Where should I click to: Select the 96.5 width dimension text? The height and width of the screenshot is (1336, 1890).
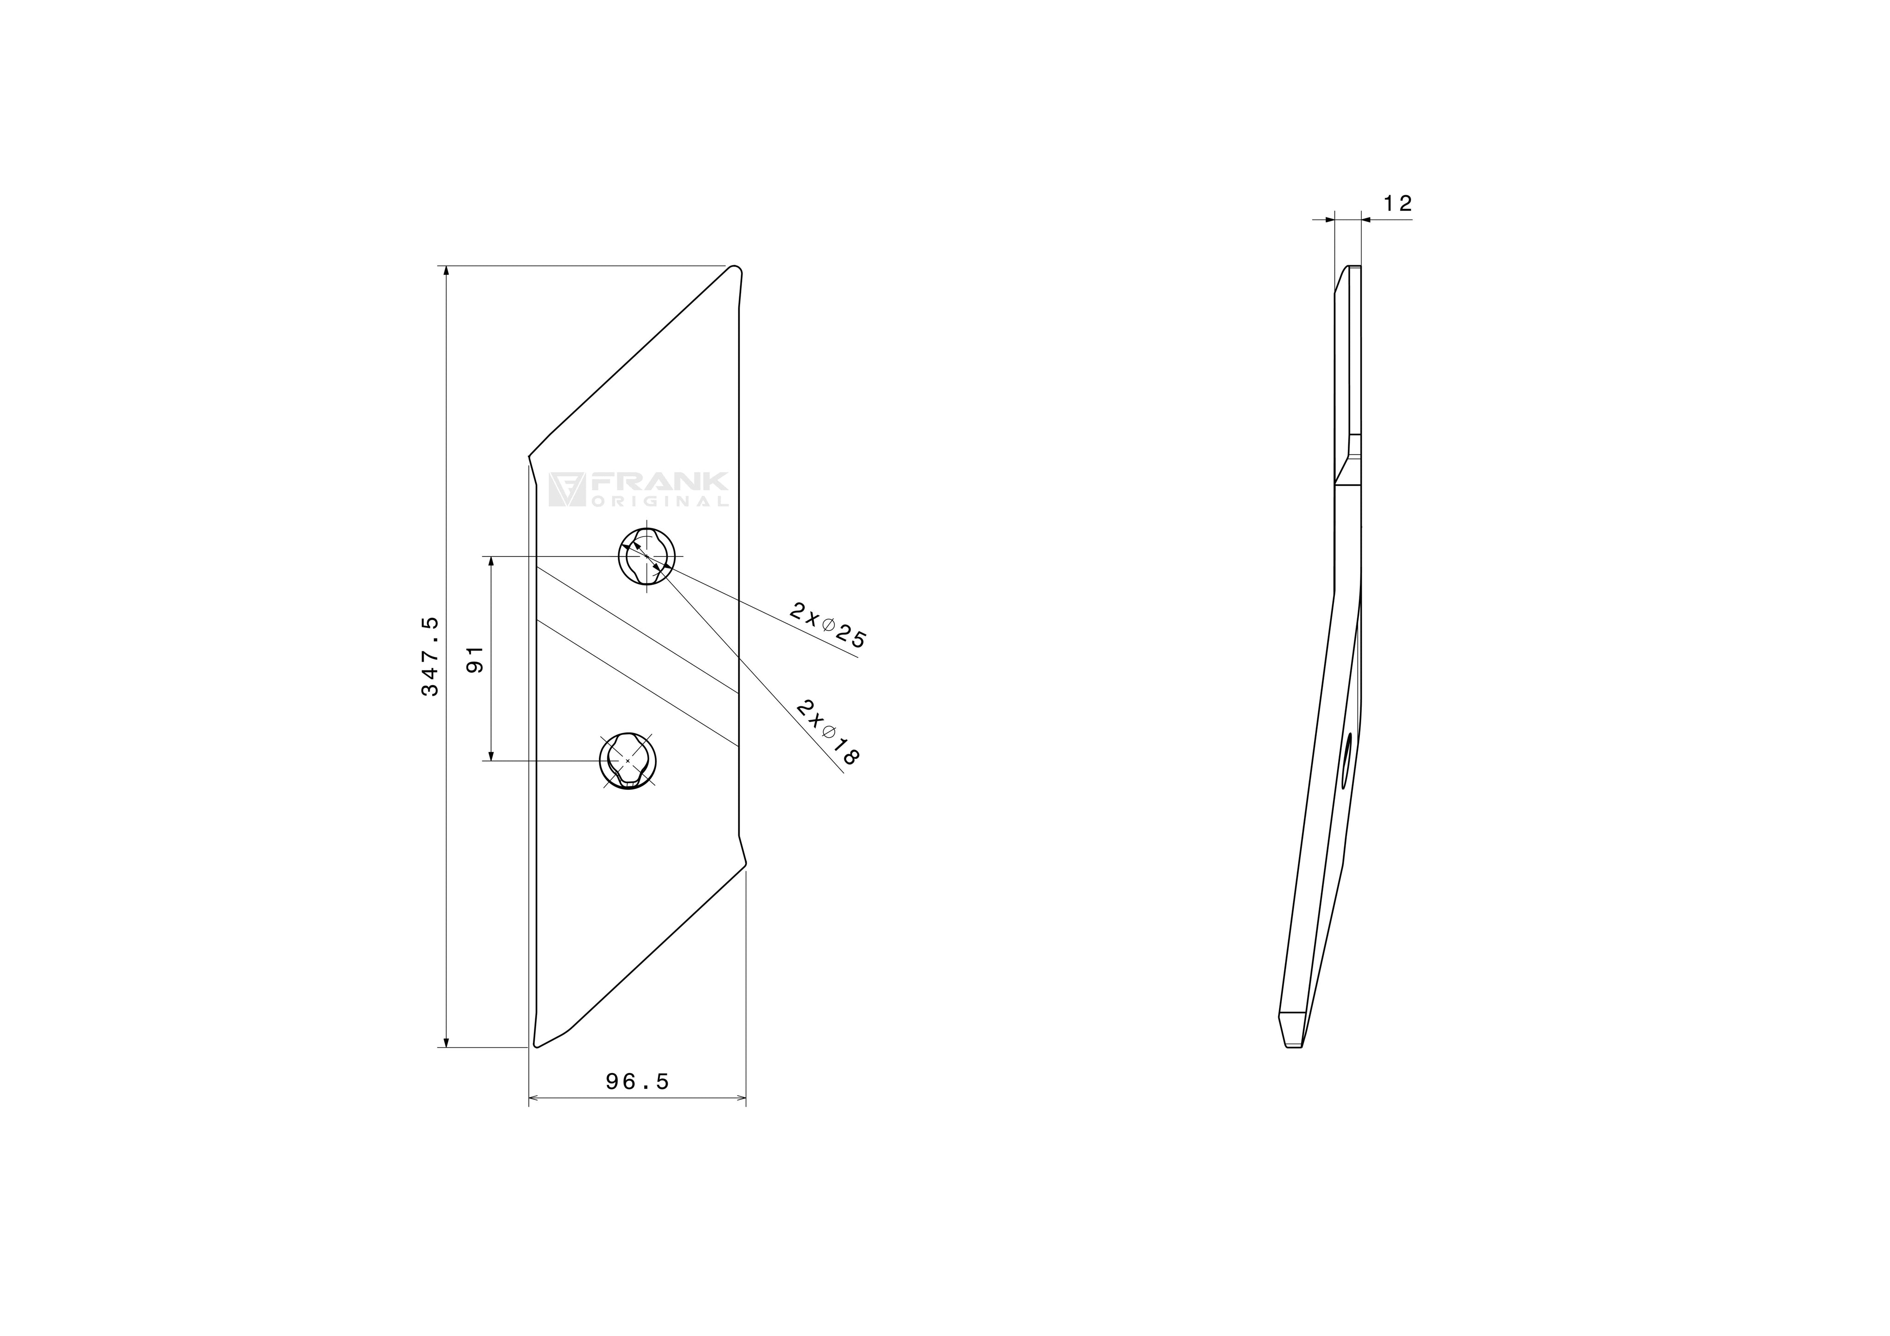click(637, 1082)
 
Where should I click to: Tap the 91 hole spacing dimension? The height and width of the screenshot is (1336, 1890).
click(475, 659)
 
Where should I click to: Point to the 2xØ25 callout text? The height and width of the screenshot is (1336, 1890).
click(827, 626)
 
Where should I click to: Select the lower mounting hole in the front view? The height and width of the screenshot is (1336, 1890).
click(628, 761)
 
